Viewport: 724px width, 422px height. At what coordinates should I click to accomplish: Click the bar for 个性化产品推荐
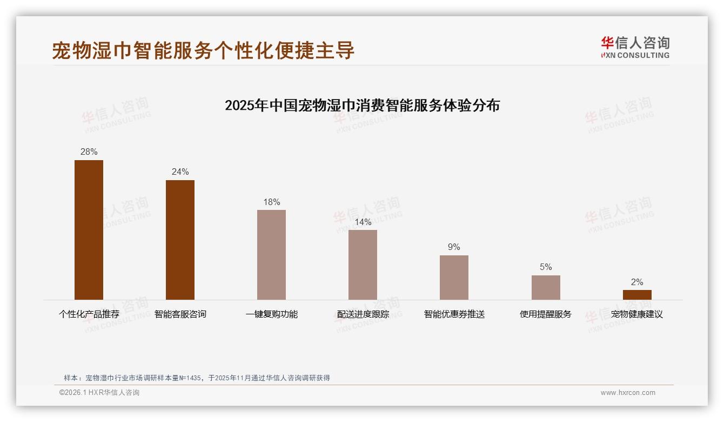click(x=89, y=229)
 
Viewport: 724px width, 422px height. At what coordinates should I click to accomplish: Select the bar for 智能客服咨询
click(x=180, y=240)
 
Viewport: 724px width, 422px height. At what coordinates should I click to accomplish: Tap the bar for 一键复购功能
click(x=271, y=254)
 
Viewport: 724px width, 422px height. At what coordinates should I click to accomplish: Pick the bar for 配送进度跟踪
click(x=363, y=265)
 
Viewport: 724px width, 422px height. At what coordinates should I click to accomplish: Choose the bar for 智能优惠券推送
click(x=454, y=277)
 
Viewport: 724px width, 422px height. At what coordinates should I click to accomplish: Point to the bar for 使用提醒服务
click(x=546, y=287)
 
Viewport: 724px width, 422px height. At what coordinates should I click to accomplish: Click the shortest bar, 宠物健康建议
click(x=637, y=295)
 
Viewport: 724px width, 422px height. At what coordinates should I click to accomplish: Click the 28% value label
click(x=89, y=152)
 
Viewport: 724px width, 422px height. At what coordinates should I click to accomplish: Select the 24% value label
click(x=180, y=172)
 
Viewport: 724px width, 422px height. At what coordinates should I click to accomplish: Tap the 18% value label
click(x=271, y=202)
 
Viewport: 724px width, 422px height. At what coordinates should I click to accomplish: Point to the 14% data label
click(x=363, y=222)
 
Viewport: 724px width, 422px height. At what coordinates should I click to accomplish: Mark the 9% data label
click(x=454, y=247)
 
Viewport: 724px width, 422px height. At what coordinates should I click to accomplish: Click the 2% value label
click(x=637, y=282)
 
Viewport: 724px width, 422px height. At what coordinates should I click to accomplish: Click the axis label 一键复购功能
click(x=271, y=314)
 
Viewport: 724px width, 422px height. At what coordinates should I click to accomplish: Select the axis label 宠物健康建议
click(x=637, y=314)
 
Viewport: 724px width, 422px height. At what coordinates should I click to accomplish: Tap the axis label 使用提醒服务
click(x=546, y=314)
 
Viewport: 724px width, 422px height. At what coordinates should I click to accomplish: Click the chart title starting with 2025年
click(x=362, y=105)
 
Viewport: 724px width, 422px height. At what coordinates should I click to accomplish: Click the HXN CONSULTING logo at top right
click(x=635, y=48)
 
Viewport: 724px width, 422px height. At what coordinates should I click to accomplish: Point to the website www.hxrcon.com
click(x=628, y=393)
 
